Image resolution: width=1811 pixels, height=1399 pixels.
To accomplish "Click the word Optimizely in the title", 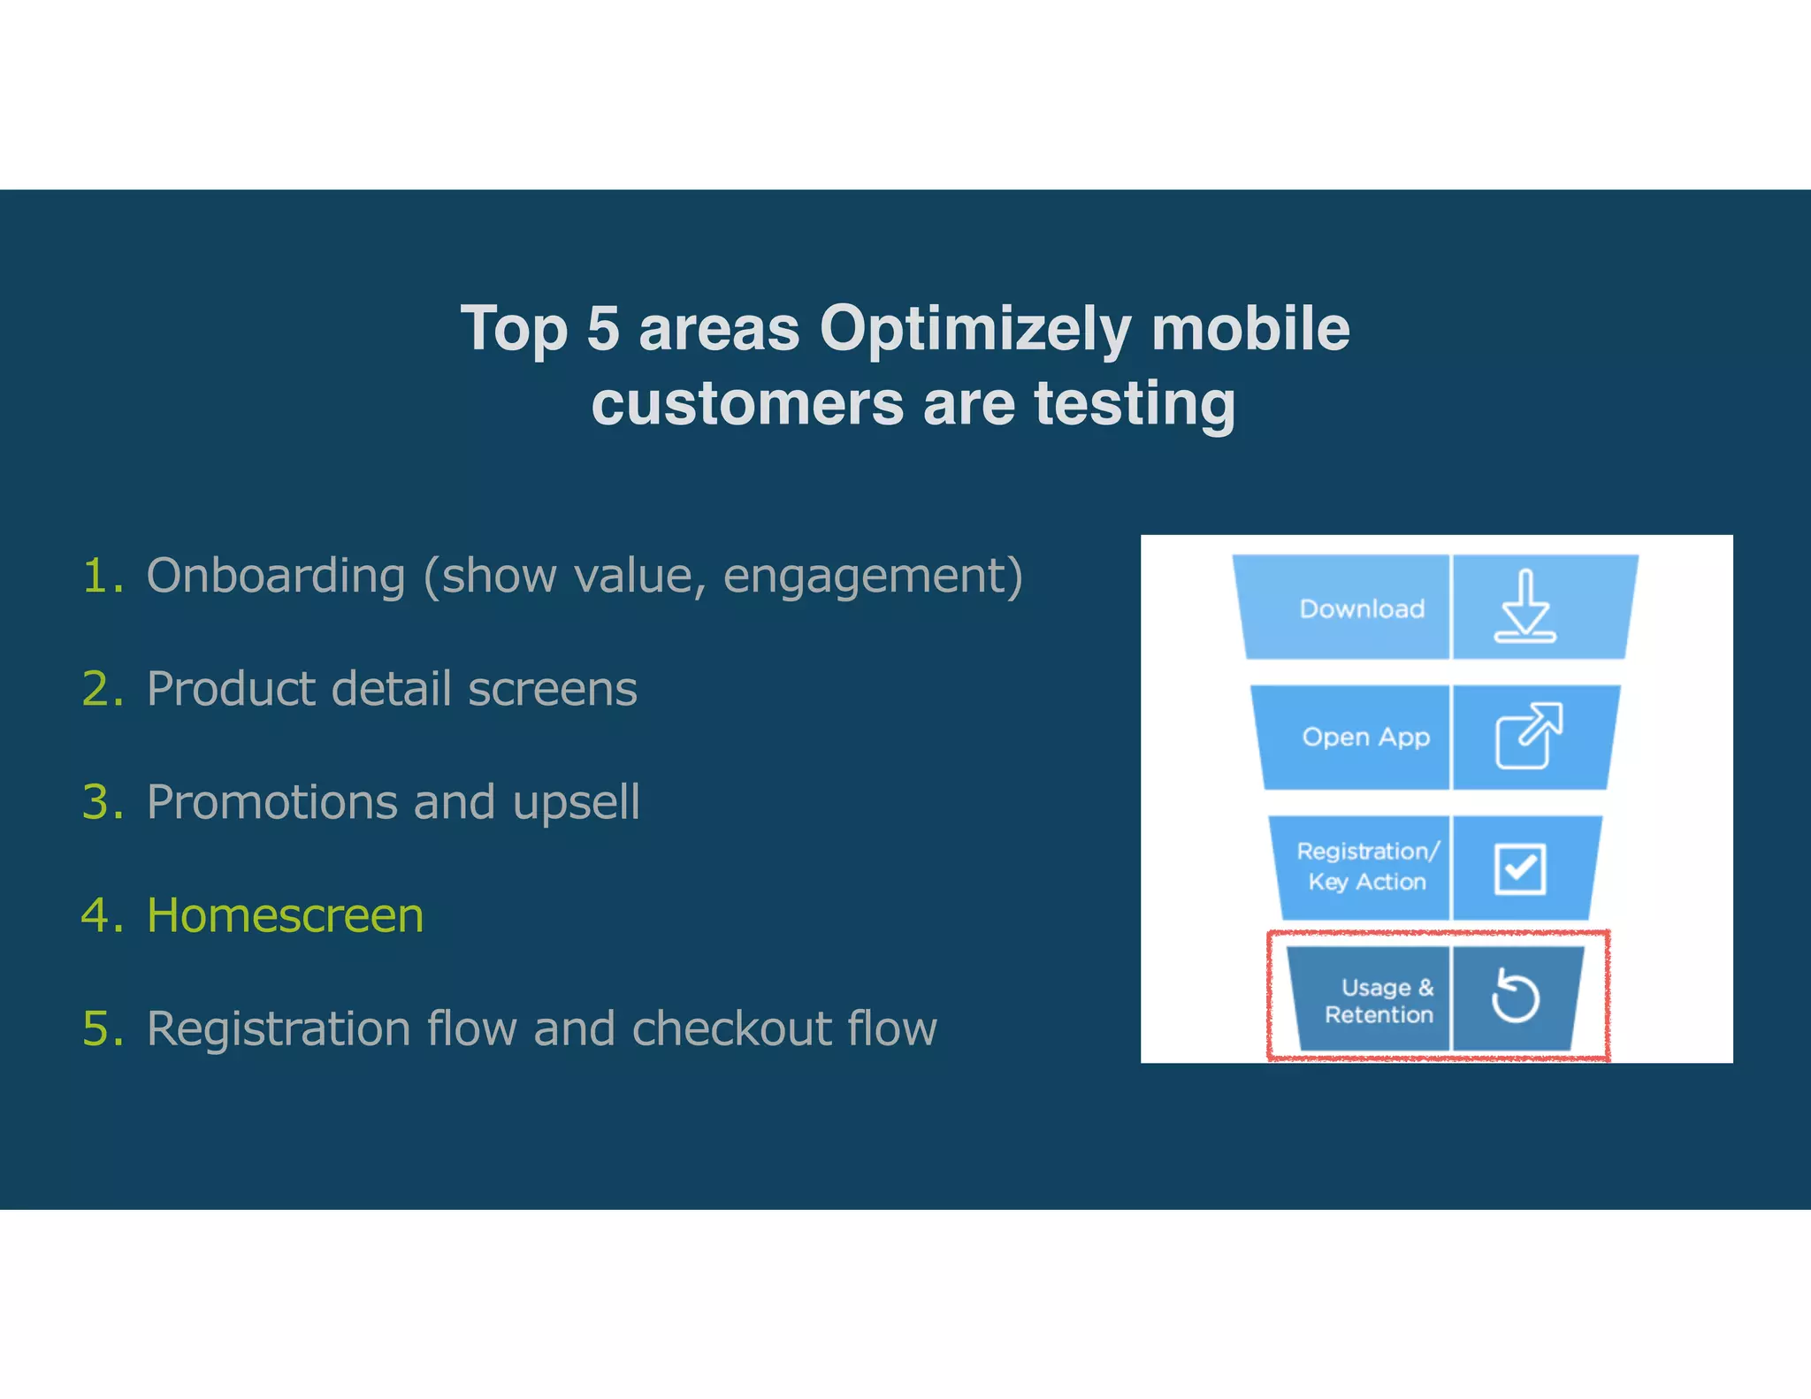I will (974, 329).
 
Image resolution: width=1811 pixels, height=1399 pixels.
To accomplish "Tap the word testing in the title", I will (1135, 404).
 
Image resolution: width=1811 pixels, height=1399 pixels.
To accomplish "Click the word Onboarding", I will (276, 576).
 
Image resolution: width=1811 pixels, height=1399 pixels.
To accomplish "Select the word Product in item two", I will (229, 689).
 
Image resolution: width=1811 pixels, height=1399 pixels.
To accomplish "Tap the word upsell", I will (576, 802).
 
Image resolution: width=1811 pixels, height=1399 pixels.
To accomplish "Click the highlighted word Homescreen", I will (285, 915).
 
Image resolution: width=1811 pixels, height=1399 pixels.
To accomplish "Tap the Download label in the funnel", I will (1361, 608).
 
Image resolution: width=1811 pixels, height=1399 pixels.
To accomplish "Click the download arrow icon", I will (1524, 607).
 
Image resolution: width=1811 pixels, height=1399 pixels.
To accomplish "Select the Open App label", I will (1364, 737).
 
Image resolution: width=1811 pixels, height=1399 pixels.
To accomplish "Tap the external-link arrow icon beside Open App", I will (1528, 735).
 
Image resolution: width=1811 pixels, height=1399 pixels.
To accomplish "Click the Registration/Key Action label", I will (1367, 866).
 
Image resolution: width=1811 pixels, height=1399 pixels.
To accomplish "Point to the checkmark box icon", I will (1520, 868).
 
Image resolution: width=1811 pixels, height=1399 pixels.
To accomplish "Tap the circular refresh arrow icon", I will (1515, 997).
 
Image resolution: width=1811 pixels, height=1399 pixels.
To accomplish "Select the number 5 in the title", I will (602, 329).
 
